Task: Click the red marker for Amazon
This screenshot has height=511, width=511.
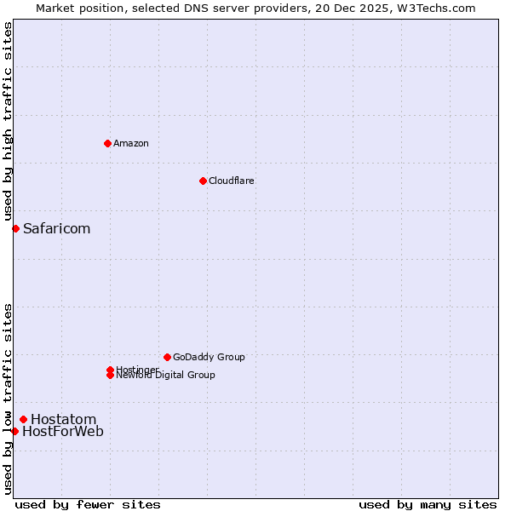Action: point(107,143)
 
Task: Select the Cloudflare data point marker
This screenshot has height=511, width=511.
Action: point(203,181)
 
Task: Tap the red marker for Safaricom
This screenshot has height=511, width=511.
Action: point(15,228)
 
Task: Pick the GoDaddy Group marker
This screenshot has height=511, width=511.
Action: point(167,357)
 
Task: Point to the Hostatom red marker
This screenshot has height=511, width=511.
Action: point(23,419)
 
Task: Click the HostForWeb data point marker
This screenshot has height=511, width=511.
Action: point(14,431)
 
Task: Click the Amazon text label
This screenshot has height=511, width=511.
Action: point(130,143)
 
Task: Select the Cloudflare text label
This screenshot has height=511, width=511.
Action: point(231,181)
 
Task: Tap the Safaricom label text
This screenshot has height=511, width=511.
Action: point(56,228)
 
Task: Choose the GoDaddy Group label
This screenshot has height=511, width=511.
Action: point(209,357)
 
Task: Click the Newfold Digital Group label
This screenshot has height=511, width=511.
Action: point(165,376)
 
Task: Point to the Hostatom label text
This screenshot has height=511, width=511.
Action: point(63,419)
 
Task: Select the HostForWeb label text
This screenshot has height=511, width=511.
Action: point(63,432)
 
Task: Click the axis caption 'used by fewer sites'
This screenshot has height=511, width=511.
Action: point(88,504)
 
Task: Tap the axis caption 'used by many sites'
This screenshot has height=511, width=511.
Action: point(428,504)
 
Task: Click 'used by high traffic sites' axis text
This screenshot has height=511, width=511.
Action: point(8,121)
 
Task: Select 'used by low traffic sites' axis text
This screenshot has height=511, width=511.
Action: point(8,398)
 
